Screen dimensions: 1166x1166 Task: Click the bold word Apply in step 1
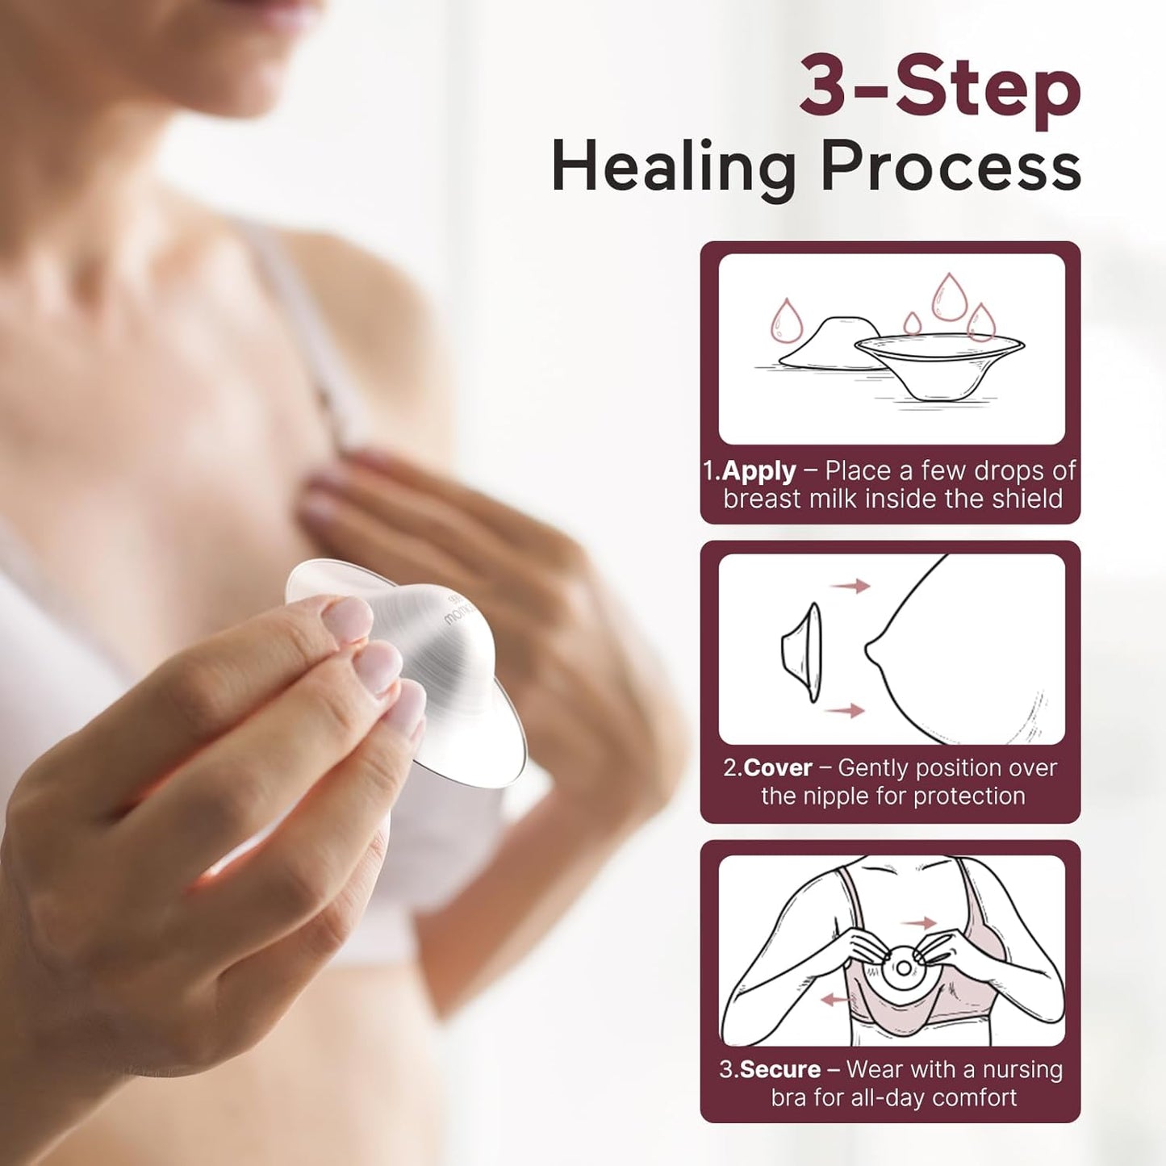(759, 470)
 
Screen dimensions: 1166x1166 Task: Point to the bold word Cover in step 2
(777, 767)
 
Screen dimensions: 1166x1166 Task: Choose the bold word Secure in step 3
(779, 1069)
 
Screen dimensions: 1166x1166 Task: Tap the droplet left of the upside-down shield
(785, 320)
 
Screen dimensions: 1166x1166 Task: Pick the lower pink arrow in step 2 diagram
(845, 710)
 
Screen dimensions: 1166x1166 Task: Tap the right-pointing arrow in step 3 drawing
(918, 923)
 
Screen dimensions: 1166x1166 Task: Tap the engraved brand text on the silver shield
(457, 611)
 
